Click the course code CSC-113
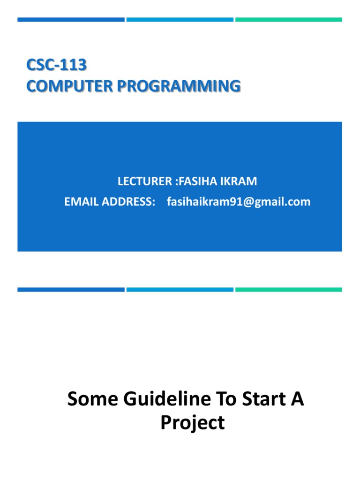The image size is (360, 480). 56,65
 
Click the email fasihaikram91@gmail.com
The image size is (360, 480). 239,202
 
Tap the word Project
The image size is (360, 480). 192,423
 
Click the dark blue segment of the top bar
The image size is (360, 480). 71,20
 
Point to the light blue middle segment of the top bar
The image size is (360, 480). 180,20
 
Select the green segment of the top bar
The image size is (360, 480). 289,20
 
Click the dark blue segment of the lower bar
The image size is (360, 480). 71,290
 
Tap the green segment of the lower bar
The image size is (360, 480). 289,290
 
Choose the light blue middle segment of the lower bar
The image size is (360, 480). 180,290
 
